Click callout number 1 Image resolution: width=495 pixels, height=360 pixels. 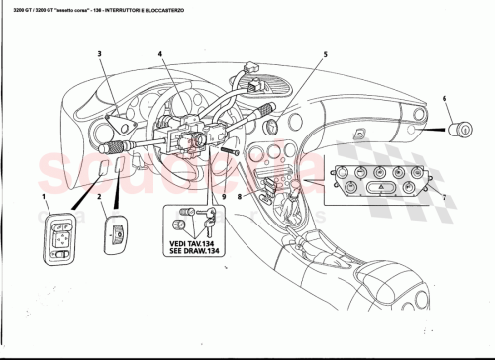coord(44,198)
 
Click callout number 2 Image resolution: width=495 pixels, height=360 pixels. coord(100,198)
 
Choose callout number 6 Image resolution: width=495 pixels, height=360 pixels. coord(445,97)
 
